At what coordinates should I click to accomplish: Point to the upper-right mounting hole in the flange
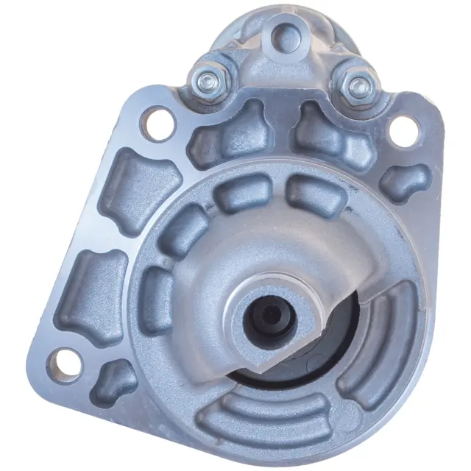pyautogui.click(x=401, y=130)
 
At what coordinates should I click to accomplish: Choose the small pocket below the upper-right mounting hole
pyautogui.click(x=407, y=182)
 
